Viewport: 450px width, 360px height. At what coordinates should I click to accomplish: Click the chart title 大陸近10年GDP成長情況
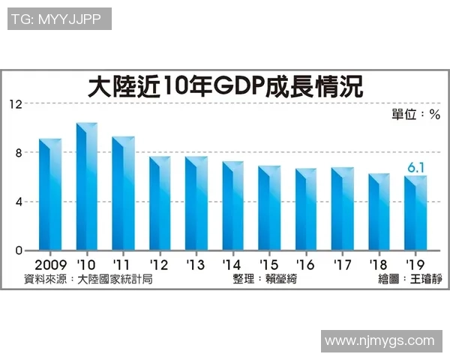coord(225,87)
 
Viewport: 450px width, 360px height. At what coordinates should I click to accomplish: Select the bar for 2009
coord(50,195)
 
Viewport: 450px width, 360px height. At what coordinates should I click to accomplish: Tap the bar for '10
coord(87,187)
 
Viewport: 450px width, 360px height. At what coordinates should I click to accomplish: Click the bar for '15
coord(269,208)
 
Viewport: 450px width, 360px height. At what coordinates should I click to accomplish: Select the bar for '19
coord(415,214)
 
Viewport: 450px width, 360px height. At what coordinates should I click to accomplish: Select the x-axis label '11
coord(122,265)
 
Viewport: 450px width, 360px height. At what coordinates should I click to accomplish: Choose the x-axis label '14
coord(232,265)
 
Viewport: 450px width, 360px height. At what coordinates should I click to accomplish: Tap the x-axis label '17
coord(342,265)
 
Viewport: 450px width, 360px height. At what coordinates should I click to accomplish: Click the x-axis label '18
coord(379,265)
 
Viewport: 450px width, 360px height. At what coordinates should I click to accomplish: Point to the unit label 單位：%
coord(415,115)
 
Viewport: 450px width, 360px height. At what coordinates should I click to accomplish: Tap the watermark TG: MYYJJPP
coord(59,19)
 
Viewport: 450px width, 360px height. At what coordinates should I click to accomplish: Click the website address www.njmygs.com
coord(379,341)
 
